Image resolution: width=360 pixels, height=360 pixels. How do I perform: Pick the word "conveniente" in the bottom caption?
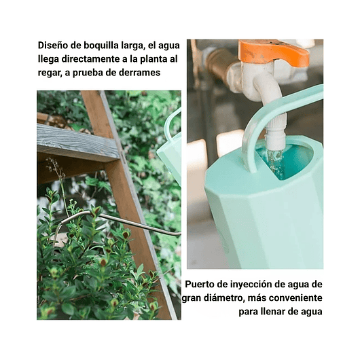pyautogui.click(x=295, y=298)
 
